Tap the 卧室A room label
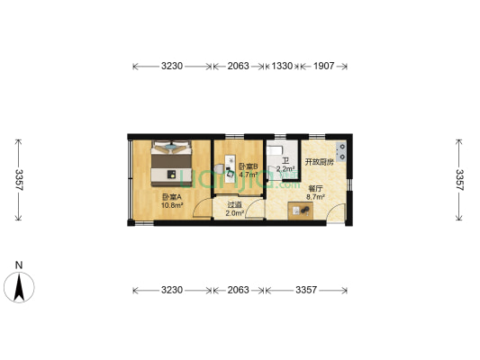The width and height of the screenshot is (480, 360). pyautogui.click(x=171, y=197)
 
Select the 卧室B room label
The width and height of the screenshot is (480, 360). pyautogui.click(x=249, y=166)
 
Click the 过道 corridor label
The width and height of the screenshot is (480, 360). pyautogui.click(x=235, y=205)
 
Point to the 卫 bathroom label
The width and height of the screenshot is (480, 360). pyautogui.click(x=285, y=160)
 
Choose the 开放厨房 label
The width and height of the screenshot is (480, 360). pyautogui.click(x=319, y=162)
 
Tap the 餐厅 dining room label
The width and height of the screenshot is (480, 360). pyautogui.click(x=316, y=189)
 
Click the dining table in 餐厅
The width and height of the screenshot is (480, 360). pyautogui.click(x=301, y=210)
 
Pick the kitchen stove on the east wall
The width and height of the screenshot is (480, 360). pyautogui.click(x=341, y=151)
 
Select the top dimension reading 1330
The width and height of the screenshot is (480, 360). pyautogui.click(x=282, y=66)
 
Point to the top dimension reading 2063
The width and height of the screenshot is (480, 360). pyautogui.click(x=238, y=66)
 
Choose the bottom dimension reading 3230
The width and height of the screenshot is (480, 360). pyautogui.click(x=172, y=290)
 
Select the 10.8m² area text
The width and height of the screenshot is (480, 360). pyautogui.click(x=172, y=205)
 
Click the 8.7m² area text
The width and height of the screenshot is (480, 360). pyautogui.click(x=316, y=197)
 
